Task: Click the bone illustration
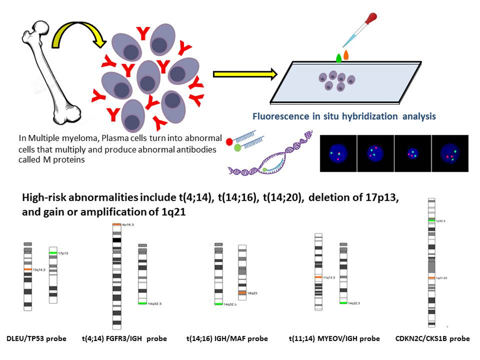coord(50,75)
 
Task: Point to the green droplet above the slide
coord(339,58)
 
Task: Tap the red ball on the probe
coord(231,142)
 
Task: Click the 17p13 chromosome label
coord(63,254)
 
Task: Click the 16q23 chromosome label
coord(253,293)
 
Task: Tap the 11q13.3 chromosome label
coord(330,277)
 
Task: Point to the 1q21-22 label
coord(442,278)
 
